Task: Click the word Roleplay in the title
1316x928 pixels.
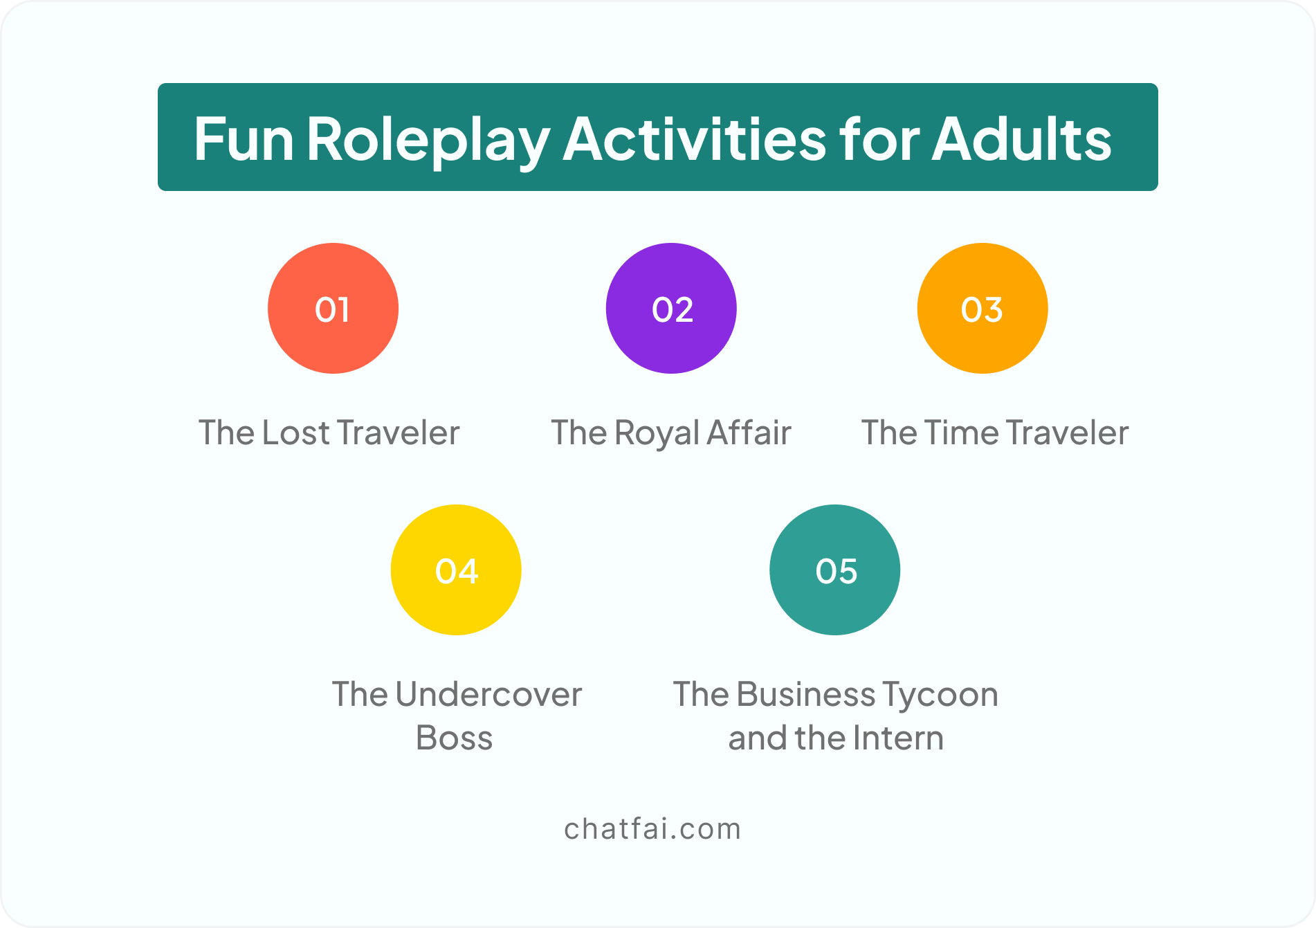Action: coord(428,140)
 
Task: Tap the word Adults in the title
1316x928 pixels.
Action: coord(1021,139)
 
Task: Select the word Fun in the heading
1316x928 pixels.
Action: coord(244,139)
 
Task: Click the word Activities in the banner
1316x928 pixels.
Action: coord(695,138)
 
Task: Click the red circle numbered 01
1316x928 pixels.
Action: coord(333,308)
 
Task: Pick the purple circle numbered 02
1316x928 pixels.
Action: coord(671,308)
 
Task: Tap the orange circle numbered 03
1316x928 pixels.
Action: coord(983,308)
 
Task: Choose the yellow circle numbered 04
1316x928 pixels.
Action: coord(456,570)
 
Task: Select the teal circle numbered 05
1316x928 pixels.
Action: coord(835,570)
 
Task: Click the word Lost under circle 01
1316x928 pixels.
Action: coord(296,433)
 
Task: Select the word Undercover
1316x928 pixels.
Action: coord(488,694)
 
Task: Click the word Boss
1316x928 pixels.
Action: coord(454,738)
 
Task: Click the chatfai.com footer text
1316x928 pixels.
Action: coord(652,828)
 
